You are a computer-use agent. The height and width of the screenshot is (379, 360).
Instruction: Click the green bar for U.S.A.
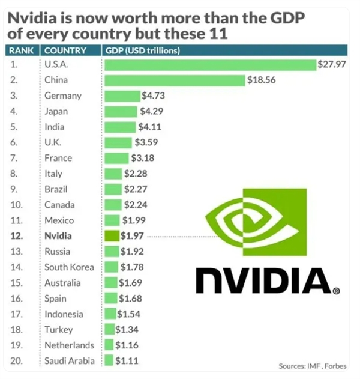click(x=210, y=64)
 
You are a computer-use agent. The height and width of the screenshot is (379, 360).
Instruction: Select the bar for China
click(x=175, y=80)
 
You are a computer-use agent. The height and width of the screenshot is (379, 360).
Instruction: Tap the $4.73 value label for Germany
click(x=152, y=96)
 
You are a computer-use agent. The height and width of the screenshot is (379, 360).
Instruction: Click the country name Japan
click(x=56, y=111)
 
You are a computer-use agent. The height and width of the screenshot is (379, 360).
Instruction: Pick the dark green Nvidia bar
click(x=112, y=236)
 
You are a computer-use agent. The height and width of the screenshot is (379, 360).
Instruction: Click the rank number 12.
click(x=17, y=236)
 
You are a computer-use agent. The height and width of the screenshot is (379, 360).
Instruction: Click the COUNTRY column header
click(x=65, y=50)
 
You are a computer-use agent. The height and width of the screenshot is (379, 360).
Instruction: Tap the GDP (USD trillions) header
click(x=142, y=50)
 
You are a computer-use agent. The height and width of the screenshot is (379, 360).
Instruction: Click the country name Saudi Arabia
click(x=70, y=361)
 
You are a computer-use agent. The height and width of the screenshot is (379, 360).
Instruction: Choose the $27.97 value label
click(x=331, y=64)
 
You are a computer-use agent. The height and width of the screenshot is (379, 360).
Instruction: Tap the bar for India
click(x=120, y=127)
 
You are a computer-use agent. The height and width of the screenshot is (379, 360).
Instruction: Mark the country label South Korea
click(x=68, y=267)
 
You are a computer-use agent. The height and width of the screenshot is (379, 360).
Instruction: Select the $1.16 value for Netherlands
click(x=127, y=345)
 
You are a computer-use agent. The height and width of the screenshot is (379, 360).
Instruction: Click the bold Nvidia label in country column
click(x=58, y=236)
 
